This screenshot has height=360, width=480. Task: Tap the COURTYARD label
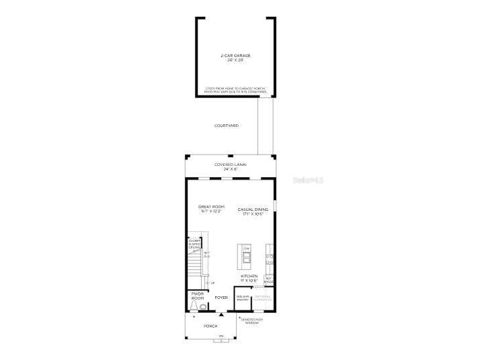pyautogui.click(x=227, y=126)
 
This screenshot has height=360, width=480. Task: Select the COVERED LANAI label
pyautogui.click(x=231, y=164)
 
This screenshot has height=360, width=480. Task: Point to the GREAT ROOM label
pyautogui.click(x=211, y=206)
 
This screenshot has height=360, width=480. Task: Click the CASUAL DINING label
pyautogui.click(x=253, y=210)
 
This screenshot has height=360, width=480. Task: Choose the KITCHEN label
pyautogui.click(x=249, y=276)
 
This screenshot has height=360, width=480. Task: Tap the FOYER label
pyautogui.click(x=221, y=297)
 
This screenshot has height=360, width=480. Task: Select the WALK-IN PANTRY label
pyautogui.click(x=243, y=298)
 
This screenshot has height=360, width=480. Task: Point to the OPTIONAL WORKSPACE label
pyautogui.click(x=263, y=298)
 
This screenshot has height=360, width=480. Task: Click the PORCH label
pyautogui.click(x=211, y=326)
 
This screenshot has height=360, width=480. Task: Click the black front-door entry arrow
pyautogui.click(x=221, y=313)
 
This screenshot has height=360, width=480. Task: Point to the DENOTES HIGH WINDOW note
pyautogui.click(x=251, y=321)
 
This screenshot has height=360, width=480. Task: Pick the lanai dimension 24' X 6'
pyautogui.click(x=231, y=169)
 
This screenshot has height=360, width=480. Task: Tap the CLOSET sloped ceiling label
pyautogui.click(x=194, y=244)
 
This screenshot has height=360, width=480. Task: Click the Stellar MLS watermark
pyautogui.click(x=309, y=180)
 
